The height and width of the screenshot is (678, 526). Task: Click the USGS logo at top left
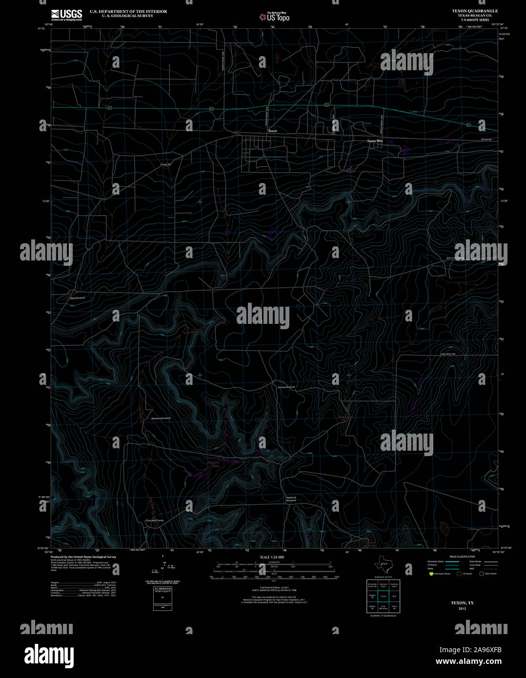coord(66,14)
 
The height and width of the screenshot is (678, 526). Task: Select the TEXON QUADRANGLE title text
coord(475,11)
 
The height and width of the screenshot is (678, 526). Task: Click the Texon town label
coord(272,131)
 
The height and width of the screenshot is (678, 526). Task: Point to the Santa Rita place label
coord(375,140)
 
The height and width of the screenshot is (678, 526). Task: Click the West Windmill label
coord(77,298)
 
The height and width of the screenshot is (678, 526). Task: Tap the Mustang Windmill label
coord(161,419)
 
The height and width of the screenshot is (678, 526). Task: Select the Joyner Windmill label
coord(286,387)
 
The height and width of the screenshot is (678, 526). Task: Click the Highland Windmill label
coord(291,499)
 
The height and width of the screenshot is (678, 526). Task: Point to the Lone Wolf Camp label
coord(154,520)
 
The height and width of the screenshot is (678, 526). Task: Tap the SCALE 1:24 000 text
coord(272,557)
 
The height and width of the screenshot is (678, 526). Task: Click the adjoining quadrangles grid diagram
coord(382,596)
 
